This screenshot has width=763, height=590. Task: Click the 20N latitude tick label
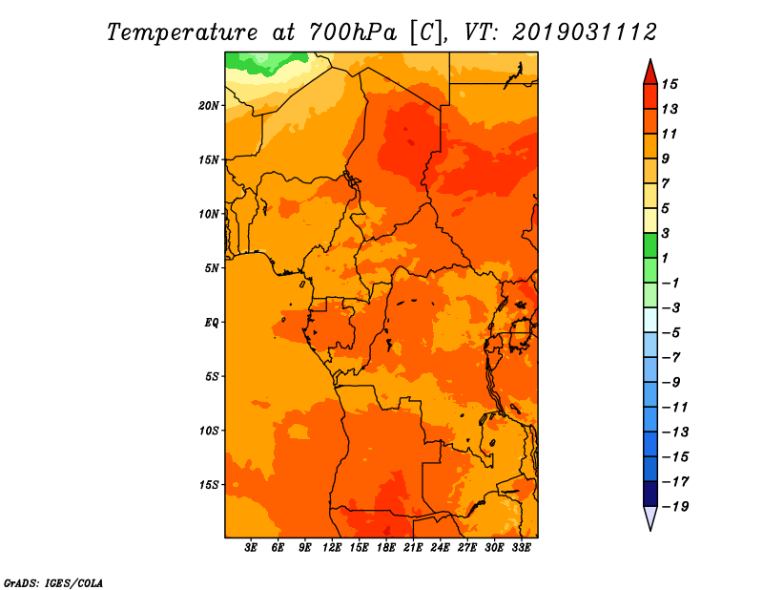pyautogui.click(x=208, y=106)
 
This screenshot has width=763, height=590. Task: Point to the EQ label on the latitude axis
pyautogui.click(x=211, y=323)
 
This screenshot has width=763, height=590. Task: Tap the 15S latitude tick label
pyautogui.click(x=208, y=485)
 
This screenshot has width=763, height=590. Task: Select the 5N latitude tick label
pyautogui.click(x=211, y=268)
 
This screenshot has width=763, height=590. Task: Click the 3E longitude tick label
pyautogui.click(x=251, y=548)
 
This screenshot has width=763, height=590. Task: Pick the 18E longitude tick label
pyautogui.click(x=386, y=548)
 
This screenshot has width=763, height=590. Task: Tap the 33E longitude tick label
pyautogui.click(x=521, y=548)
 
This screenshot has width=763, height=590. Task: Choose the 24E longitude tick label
pyautogui.click(x=440, y=548)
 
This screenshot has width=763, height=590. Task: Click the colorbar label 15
pyautogui.click(x=670, y=84)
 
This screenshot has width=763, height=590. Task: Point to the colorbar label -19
pyautogui.click(x=675, y=507)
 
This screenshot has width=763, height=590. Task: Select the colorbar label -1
pyautogui.click(x=670, y=283)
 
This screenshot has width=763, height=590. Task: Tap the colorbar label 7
pyautogui.click(x=666, y=183)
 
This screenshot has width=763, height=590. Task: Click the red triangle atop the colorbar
pyautogui.click(x=650, y=74)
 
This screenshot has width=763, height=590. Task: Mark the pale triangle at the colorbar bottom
pyautogui.click(x=650, y=516)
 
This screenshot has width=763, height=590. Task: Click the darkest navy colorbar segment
pyautogui.click(x=650, y=494)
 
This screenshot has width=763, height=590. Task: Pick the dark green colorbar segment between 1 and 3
pyautogui.click(x=650, y=246)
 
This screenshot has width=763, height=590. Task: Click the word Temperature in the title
pyautogui.click(x=182, y=32)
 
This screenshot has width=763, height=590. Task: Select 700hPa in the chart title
pyautogui.click(x=352, y=32)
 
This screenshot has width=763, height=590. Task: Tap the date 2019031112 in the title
pyautogui.click(x=585, y=32)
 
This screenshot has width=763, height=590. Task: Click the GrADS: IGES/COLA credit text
pyautogui.click(x=53, y=583)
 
